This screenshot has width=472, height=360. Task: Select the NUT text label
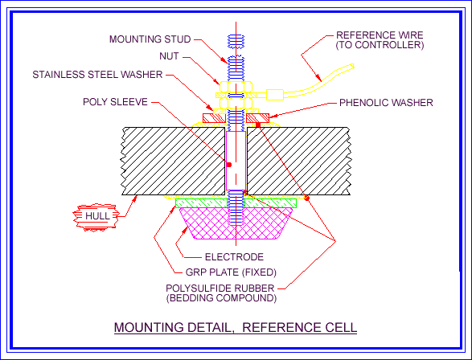pyautogui.click(x=170, y=57)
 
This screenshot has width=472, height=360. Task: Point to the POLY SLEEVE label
pyautogui.click(x=114, y=102)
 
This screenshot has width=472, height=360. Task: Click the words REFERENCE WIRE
pyautogui.click(x=380, y=35)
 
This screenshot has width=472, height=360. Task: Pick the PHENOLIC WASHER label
pyautogui.click(x=386, y=103)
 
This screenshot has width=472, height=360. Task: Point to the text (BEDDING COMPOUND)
pyautogui.click(x=221, y=298)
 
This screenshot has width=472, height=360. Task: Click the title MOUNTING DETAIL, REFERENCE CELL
pyautogui.click(x=235, y=328)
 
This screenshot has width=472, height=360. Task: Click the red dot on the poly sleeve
pyautogui.click(x=229, y=164)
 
